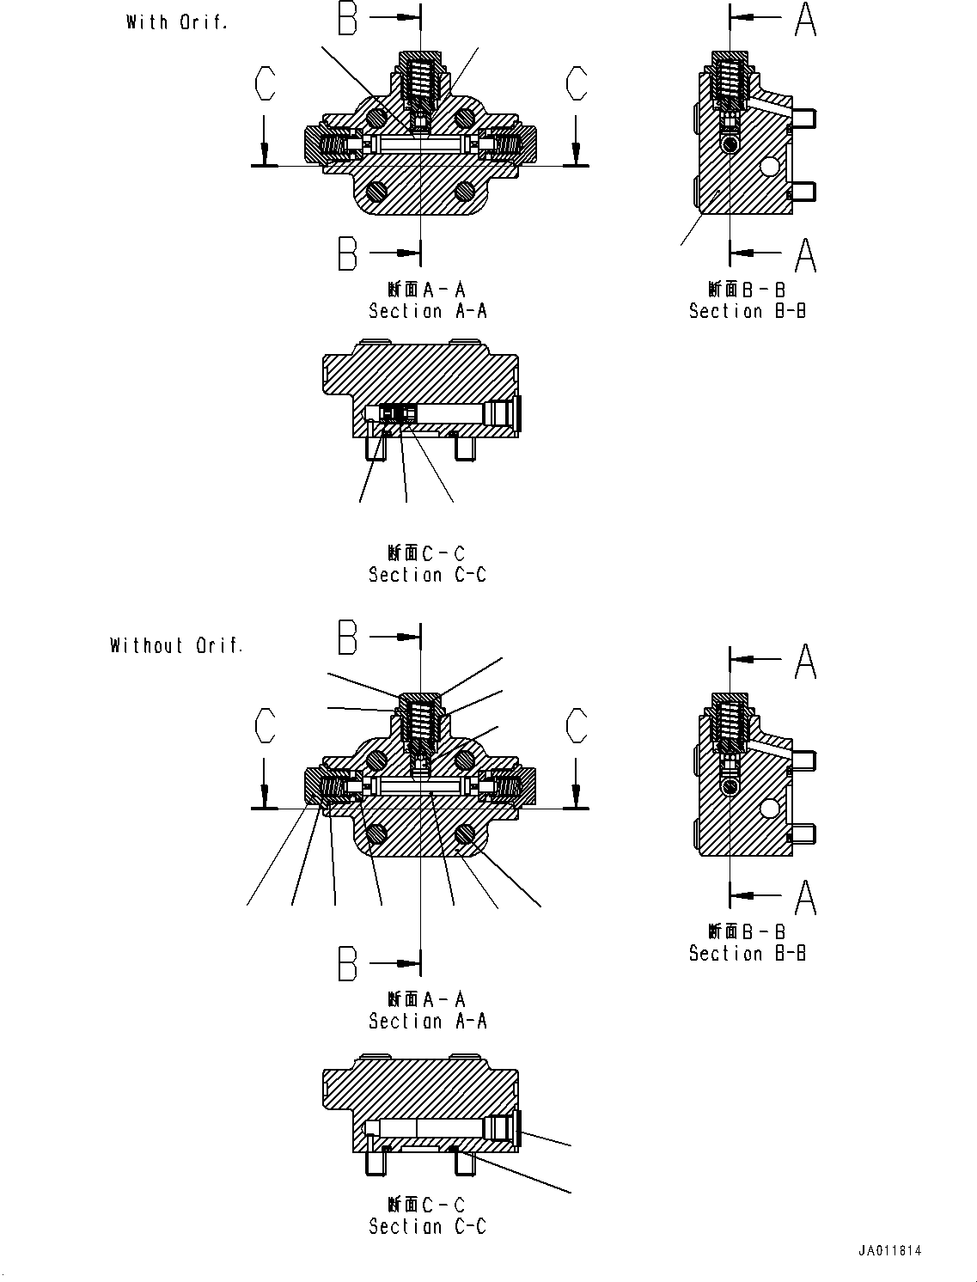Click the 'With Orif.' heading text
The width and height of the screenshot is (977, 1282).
click(177, 22)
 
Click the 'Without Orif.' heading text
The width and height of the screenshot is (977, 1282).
click(176, 645)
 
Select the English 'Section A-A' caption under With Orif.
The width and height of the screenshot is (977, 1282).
click(427, 311)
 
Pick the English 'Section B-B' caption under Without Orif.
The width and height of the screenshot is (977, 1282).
click(747, 953)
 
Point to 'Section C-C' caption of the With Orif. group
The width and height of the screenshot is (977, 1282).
click(427, 574)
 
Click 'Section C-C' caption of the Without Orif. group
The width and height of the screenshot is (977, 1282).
click(427, 1226)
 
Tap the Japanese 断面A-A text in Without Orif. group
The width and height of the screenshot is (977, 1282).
click(426, 999)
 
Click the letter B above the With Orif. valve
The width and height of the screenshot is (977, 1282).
click(347, 18)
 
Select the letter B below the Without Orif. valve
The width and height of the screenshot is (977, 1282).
click(347, 963)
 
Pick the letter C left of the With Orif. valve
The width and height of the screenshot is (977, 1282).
click(266, 84)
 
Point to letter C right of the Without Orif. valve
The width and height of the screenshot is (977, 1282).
click(577, 725)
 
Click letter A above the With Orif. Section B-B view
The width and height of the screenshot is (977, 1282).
click(805, 19)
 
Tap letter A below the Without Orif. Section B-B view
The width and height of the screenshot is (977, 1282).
click(805, 896)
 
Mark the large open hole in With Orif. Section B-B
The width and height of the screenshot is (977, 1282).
click(771, 167)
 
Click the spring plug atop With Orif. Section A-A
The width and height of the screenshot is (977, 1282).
click(420, 77)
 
